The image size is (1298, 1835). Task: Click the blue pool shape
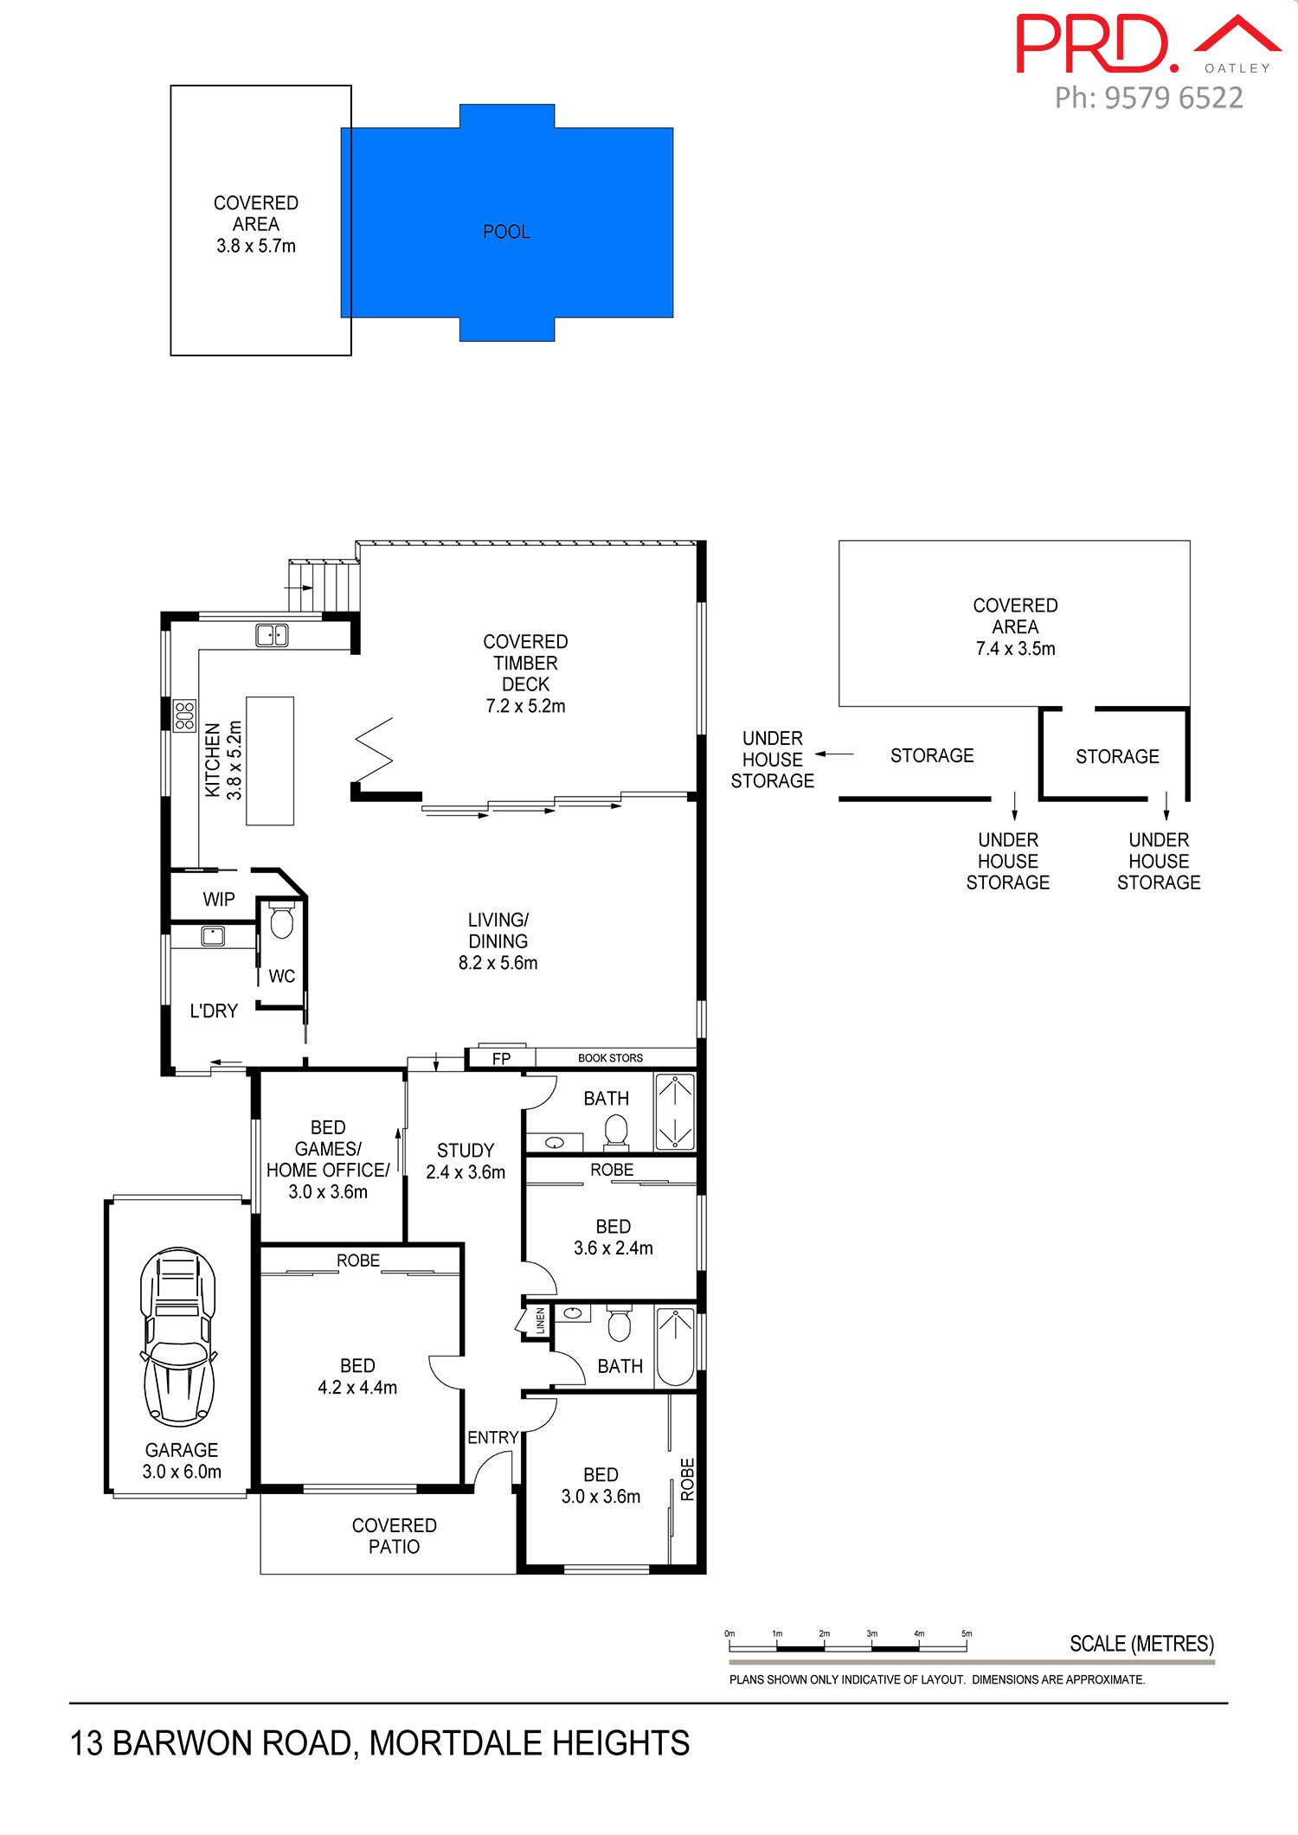[506, 222]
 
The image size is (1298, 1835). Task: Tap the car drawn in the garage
[178, 1337]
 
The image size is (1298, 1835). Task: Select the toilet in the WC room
[282, 921]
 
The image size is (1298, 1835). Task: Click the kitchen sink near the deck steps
[272, 635]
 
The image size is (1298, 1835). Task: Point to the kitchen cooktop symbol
[184, 715]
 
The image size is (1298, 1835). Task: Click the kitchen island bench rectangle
[270, 760]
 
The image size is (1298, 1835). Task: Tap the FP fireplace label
[501, 1058]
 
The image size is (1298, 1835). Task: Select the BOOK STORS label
[610, 1058]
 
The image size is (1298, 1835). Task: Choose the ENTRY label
[492, 1437]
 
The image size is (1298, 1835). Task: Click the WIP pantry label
[219, 899]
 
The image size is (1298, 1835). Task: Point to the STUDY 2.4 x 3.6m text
[466, 1161]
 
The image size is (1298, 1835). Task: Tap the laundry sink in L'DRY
[213, 935]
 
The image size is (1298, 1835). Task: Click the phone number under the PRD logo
[1149, 98]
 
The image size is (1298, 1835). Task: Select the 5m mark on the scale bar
[967, 1634]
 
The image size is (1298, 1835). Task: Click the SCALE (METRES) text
[1141, 1644]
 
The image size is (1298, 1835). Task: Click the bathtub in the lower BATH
[675, 1348]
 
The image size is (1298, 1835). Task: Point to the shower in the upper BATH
[675, 1112]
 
